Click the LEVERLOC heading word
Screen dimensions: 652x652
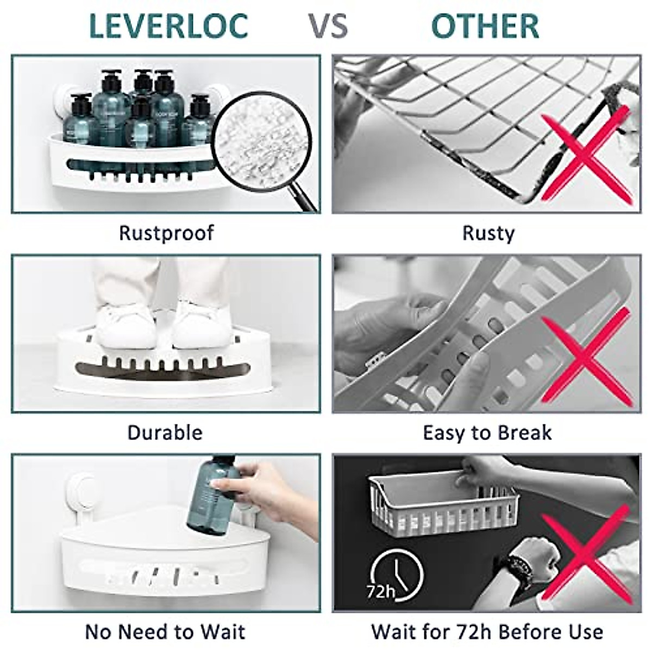click(x=168, y=26)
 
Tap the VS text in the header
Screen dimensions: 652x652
click(x=328, y=26)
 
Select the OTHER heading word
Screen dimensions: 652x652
click(x=485, y=26)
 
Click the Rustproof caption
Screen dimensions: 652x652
click(x=166, y=233)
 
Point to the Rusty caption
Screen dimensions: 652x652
click(x=487, y=233)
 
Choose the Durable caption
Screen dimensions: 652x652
click(x=165, y=432)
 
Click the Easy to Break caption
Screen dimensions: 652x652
click(x=487, y=433)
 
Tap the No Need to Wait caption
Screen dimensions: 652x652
click(x=165, y=632)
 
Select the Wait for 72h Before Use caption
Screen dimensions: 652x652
click(x=487, y=632)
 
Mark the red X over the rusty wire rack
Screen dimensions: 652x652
click(x=587, y=155)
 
